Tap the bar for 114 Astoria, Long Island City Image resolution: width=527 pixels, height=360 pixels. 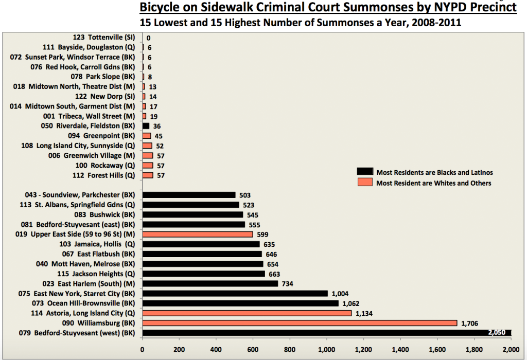(x=247, y=313)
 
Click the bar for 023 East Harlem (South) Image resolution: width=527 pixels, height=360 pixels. (x=210, y=283)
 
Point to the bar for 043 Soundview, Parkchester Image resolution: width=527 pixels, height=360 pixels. (x=189, y=195)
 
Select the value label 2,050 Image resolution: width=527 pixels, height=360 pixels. (x=499, y=333)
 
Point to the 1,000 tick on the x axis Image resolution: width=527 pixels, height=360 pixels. (x=327, y=350)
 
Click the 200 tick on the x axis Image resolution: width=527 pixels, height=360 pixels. (x=179, y=350)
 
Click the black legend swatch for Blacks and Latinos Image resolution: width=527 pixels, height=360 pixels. (x=365, y=172)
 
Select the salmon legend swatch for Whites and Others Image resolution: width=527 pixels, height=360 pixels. (x=365, y=183)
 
